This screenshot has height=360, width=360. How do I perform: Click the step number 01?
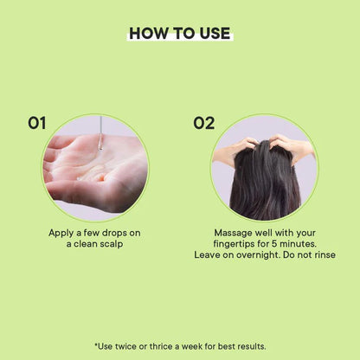[x=36, y=123]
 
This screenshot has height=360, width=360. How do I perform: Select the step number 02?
[x=204, y=123]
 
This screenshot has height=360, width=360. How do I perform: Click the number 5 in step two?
[x=274, y=244]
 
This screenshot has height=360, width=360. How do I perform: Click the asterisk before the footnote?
[x=96, y=344]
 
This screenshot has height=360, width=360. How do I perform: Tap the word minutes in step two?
[x=298, y=244]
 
